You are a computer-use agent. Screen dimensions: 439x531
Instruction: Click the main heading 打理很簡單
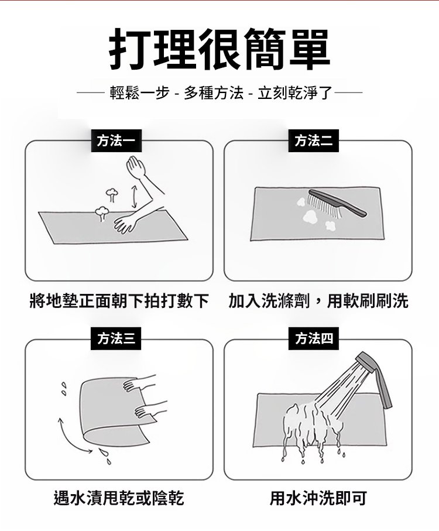[220, 49]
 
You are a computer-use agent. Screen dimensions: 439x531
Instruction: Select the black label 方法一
[116, 141]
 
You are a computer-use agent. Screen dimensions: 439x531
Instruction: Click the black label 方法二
[313, 141]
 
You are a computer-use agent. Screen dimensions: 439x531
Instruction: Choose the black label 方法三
[116, 338]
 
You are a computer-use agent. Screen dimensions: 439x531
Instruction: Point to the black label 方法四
[313, 338]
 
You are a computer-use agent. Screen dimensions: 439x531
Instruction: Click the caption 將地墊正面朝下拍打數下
[119, 301]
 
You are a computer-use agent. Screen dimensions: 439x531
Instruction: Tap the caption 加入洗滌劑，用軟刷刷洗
[318, 301]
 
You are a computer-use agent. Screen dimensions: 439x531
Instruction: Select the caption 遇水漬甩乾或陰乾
[119, 498]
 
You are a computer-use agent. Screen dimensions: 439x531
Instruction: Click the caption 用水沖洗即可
[318, 498]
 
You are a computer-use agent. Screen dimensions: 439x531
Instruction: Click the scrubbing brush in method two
[337, 203]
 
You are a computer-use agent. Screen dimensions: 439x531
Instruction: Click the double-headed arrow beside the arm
[135, 196]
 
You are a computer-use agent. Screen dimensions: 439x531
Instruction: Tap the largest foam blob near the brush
[310, 216]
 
